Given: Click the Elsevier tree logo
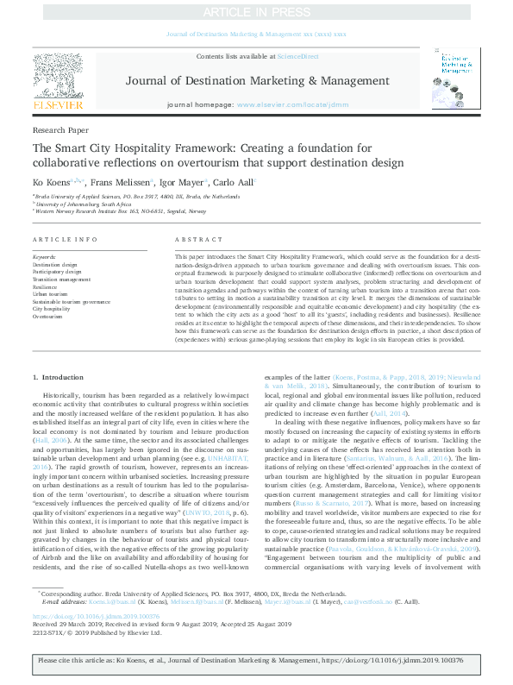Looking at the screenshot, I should (58, 77).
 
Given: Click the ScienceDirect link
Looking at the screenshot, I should (297, 56).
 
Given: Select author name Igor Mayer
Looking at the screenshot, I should (179, 181).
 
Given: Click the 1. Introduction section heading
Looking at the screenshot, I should (58, 378).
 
